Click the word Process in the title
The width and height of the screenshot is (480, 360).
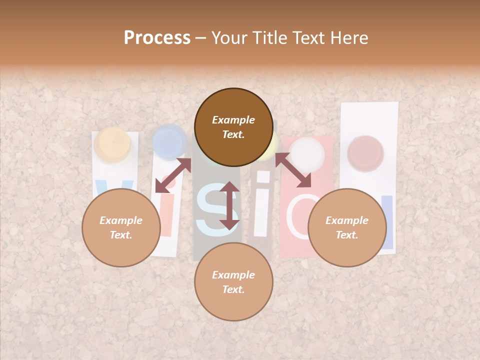[x=157, y=38]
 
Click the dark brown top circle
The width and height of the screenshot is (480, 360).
[x=233, y=127]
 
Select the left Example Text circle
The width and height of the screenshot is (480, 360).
[x=121, y=227]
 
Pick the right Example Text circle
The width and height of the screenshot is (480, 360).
[x=347, y=227]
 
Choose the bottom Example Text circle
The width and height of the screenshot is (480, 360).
[x=233, y=282]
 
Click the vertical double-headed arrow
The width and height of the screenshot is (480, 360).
[x=229, y=205]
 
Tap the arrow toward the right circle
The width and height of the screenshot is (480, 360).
[x=293, y=170]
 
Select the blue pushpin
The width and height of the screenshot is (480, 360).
[x=169, y=140]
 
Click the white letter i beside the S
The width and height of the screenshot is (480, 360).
[x=261, y=210]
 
